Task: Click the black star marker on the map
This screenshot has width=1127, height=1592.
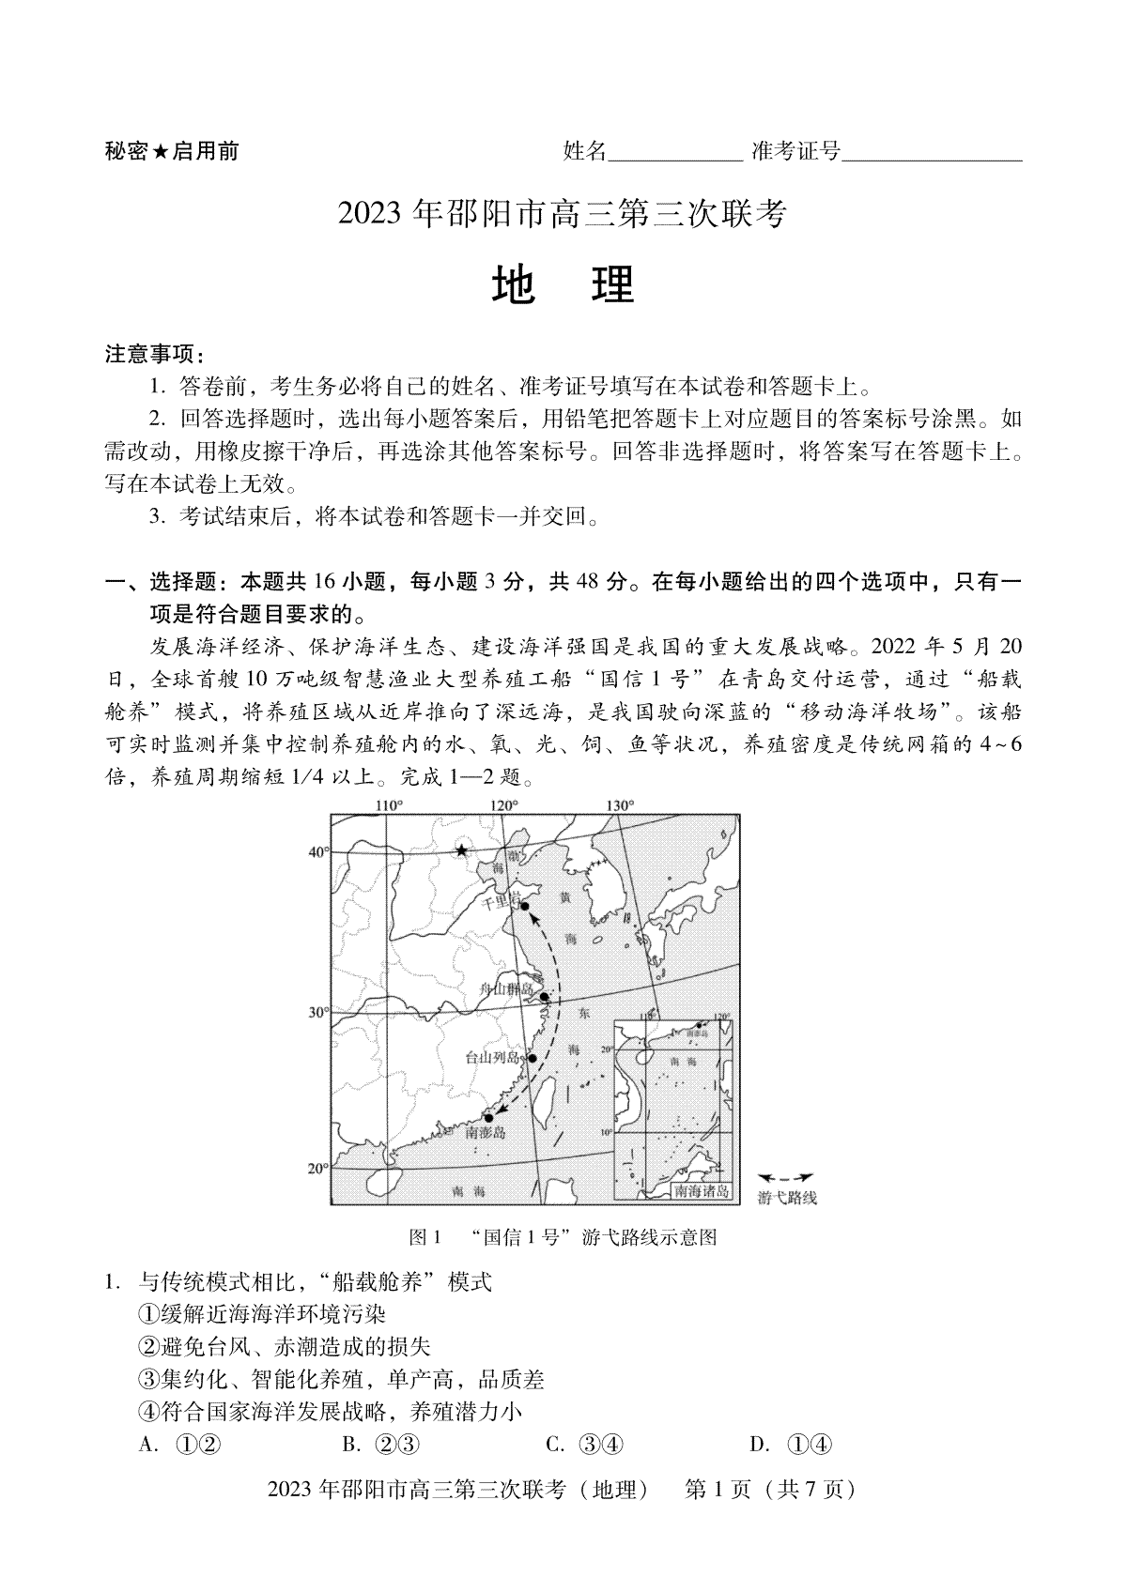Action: tap(461, 850)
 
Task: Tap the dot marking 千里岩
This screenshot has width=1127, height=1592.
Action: tap(524, 906)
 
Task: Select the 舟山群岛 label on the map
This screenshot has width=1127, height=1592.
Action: tap(506, 988)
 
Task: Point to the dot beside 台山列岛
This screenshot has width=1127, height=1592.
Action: tap(532, 1058)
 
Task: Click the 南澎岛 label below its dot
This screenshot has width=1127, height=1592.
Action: tap(486, 1133)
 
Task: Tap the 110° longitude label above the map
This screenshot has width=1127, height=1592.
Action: tap(388, 805)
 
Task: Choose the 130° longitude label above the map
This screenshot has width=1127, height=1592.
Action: tap(620, 805)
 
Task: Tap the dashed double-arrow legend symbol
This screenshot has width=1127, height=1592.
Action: tap(785, 1177)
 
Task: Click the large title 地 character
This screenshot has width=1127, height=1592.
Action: tap(514, 285)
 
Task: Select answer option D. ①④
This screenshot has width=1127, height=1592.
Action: tap(791, 1444)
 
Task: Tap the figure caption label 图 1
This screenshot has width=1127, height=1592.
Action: tap(425, 1237)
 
